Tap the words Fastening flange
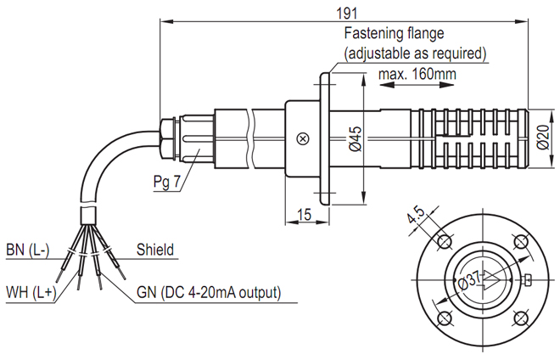[394, 35]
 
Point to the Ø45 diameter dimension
[355, 139]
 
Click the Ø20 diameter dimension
[544, 136]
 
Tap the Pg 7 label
[167, 183]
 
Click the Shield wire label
[155, 250]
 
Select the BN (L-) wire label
[28, 250]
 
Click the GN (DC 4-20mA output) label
[208, 293]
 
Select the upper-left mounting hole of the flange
[443, 242]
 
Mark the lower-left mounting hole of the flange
[443, 318]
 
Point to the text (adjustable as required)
[414, 53]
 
